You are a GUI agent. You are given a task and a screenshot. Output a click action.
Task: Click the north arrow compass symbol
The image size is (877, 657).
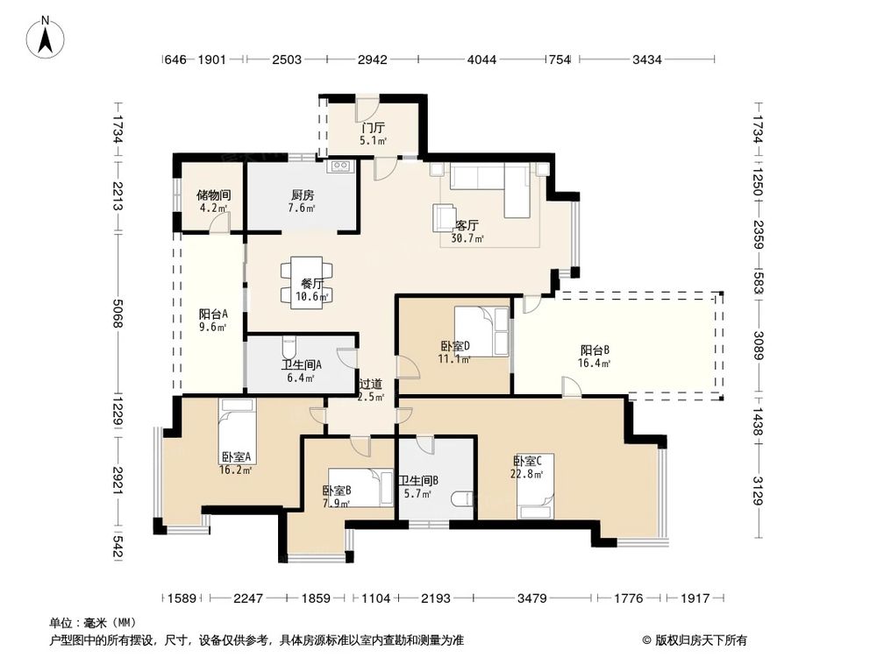click(46, 36)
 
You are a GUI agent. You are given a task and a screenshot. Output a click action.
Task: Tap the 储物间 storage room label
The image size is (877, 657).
click(214, 195)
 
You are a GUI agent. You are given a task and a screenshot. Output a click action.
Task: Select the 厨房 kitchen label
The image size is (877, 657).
click(303, 195)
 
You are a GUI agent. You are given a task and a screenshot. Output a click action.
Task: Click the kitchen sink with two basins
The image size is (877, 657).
click(340, 166)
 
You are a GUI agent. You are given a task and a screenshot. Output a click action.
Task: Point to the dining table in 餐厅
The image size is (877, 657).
click(306, 281)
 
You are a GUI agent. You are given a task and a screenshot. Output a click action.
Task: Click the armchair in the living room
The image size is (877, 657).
click(445, 218)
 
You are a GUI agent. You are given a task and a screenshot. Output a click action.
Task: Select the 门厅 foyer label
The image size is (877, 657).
click(373, 128)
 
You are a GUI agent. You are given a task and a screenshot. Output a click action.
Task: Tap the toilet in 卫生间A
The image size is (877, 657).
click(289, 347)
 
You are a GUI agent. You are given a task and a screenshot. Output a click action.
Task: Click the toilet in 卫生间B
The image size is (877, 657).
click(462, 498)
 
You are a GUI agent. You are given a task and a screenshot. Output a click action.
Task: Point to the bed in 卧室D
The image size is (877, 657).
click(481, 331)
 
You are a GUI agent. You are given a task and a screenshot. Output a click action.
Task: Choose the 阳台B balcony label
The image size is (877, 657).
click(595, 350)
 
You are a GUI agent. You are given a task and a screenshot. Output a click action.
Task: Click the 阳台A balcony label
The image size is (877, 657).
click(213, 314)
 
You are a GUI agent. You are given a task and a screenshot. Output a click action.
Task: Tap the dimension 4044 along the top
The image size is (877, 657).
click(481, 60)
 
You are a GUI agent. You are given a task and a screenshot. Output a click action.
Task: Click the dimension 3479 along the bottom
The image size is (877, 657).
click(532, 598)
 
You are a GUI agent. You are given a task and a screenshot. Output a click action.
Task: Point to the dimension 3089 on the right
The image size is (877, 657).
click(758, 346)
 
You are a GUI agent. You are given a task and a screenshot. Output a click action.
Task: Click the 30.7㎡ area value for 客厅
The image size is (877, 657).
click(467, 238)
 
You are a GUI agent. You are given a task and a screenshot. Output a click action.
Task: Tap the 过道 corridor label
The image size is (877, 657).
click(371, 384)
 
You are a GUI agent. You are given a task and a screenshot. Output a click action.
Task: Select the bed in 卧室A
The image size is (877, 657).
click(237, 431)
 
